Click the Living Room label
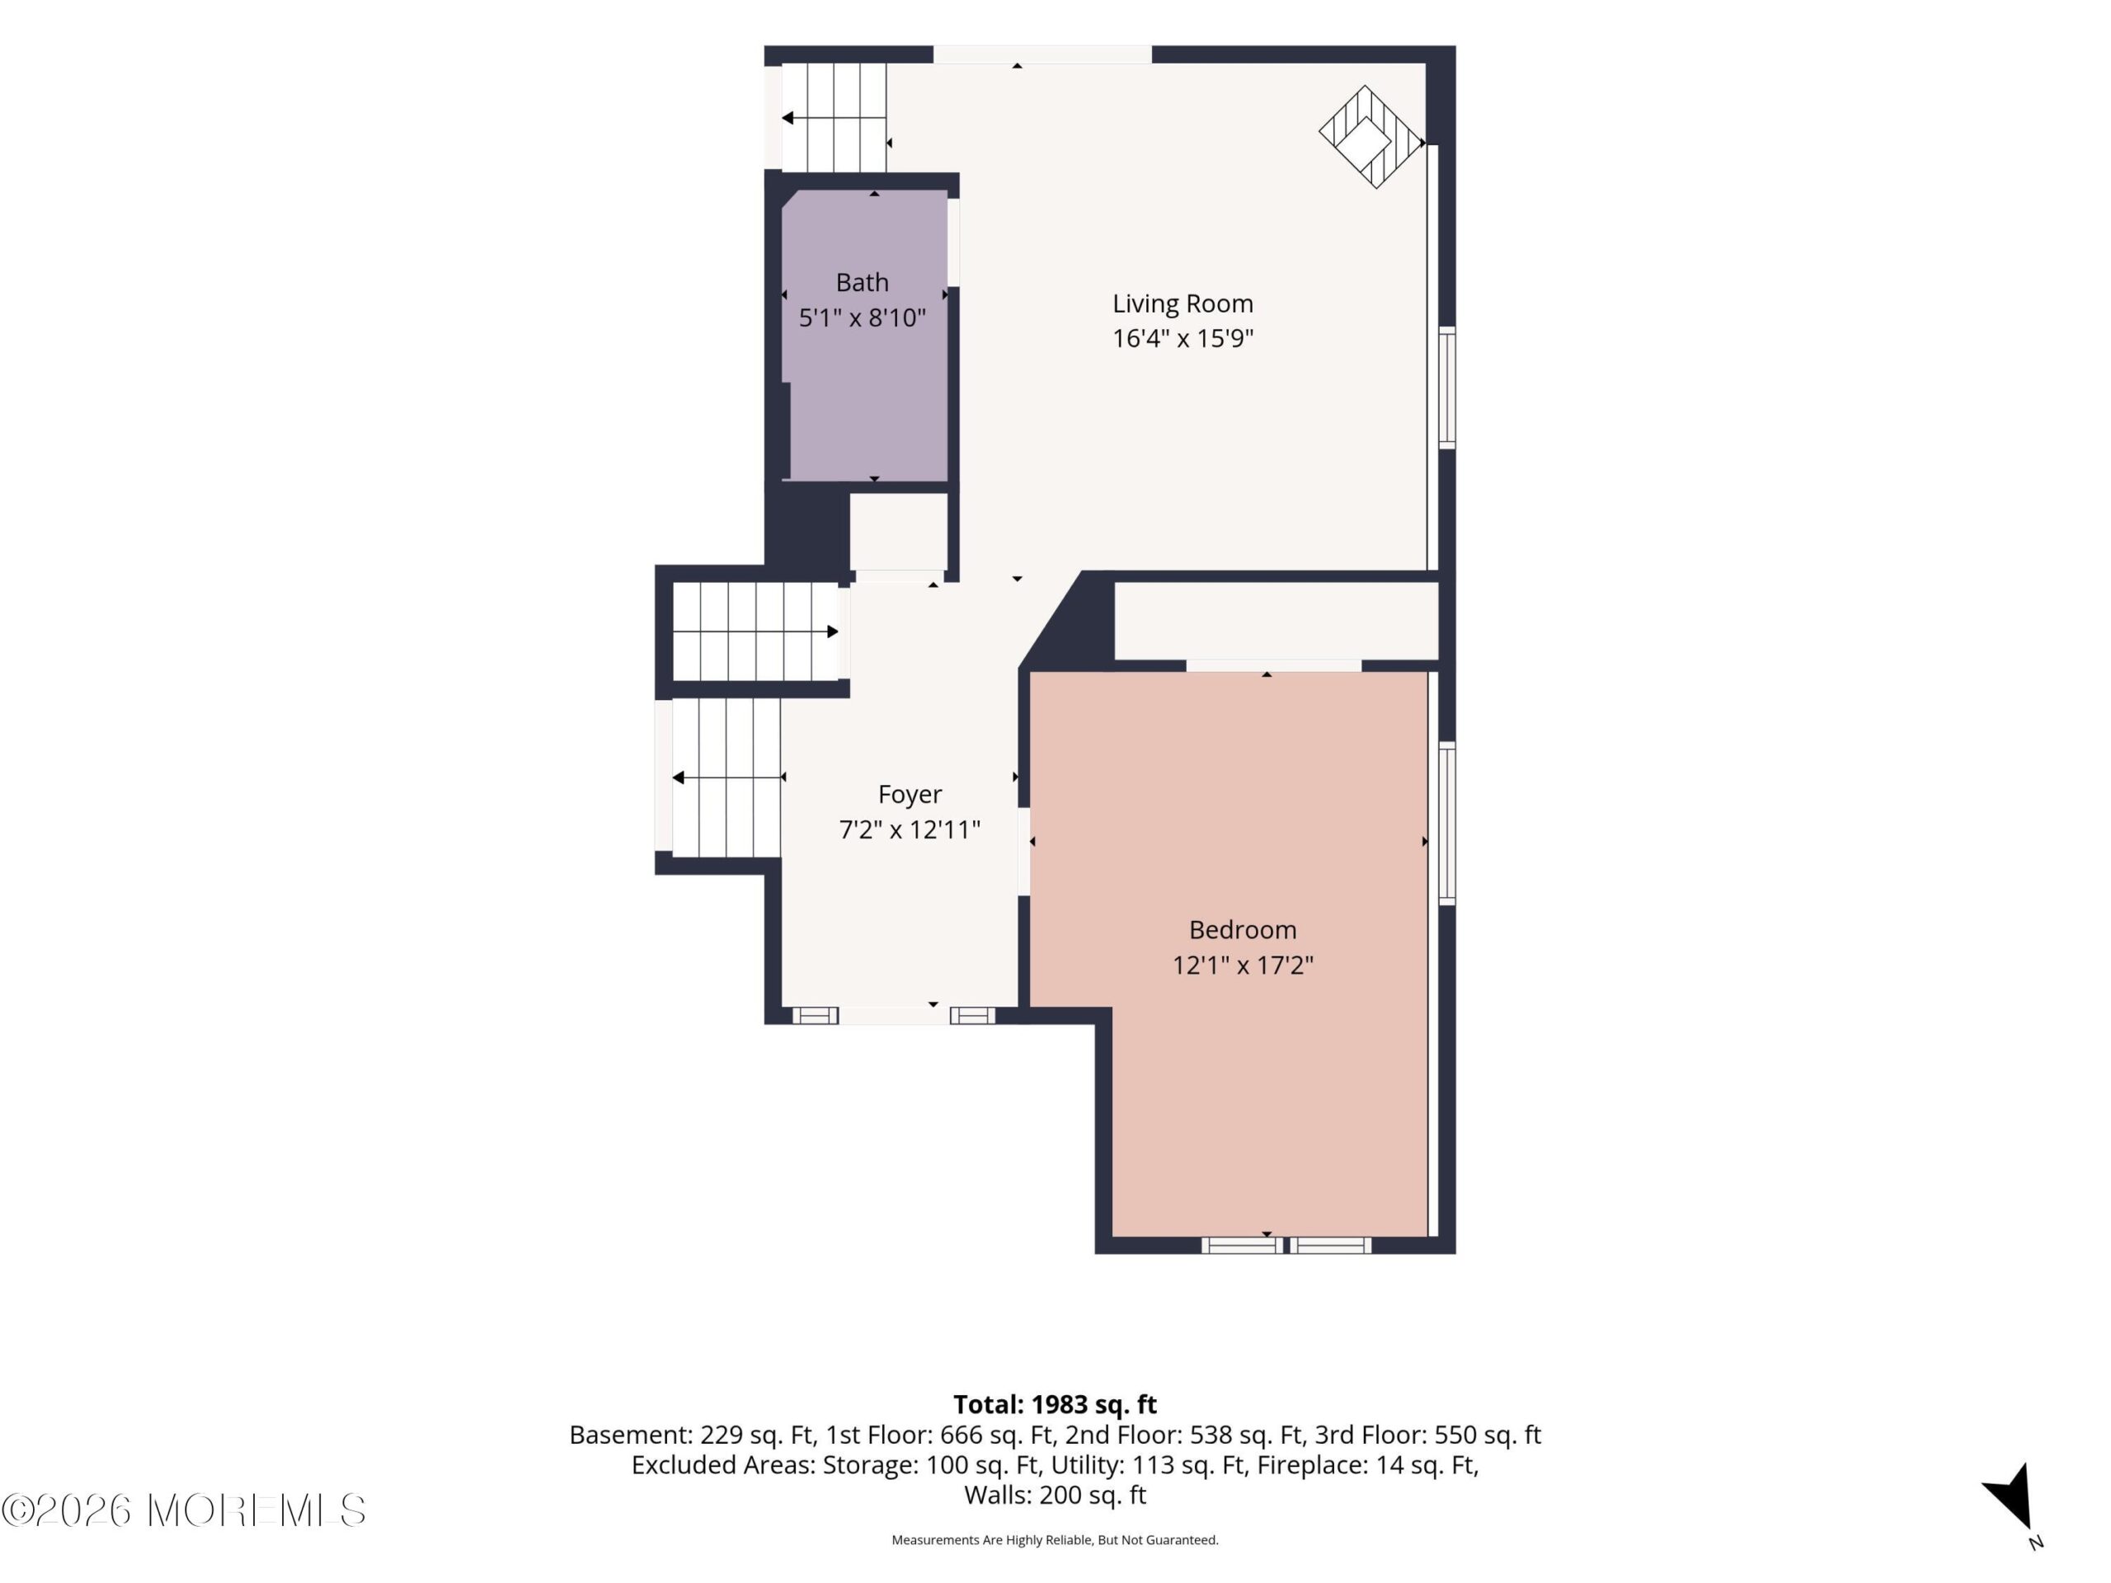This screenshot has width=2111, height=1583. (x=1182, y=303)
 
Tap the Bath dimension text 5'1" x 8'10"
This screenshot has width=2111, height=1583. (x=862, y=317)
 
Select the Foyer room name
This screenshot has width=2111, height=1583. (x=910, y=795)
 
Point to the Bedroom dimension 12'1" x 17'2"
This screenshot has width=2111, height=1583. (x=1243, y=965)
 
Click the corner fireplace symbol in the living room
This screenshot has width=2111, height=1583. (x=1371, y=136)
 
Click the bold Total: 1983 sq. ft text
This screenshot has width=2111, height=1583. (x=1055, y=1403)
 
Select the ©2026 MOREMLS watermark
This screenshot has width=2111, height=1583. (x=183, y=1510)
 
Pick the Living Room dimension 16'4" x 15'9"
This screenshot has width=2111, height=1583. (x=1182, y=339)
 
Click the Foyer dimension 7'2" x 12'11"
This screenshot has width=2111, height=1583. (x=910, y=830)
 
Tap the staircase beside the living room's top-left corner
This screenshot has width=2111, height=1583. (x=835, y=117)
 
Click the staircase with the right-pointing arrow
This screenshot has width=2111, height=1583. (x=756, y=632)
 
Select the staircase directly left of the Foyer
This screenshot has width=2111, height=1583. (x=726, y=777)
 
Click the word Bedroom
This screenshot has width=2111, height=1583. (x=1243, y=929)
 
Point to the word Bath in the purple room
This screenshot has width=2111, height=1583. (x=862, y=283)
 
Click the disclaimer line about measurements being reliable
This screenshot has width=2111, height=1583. (x=1055, y=1539)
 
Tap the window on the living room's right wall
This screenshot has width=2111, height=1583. (x=1447, y=387)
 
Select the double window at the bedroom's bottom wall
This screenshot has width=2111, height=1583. (x=1286, y=1244)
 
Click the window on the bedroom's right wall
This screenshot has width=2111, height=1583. (x=1447, y=823)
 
